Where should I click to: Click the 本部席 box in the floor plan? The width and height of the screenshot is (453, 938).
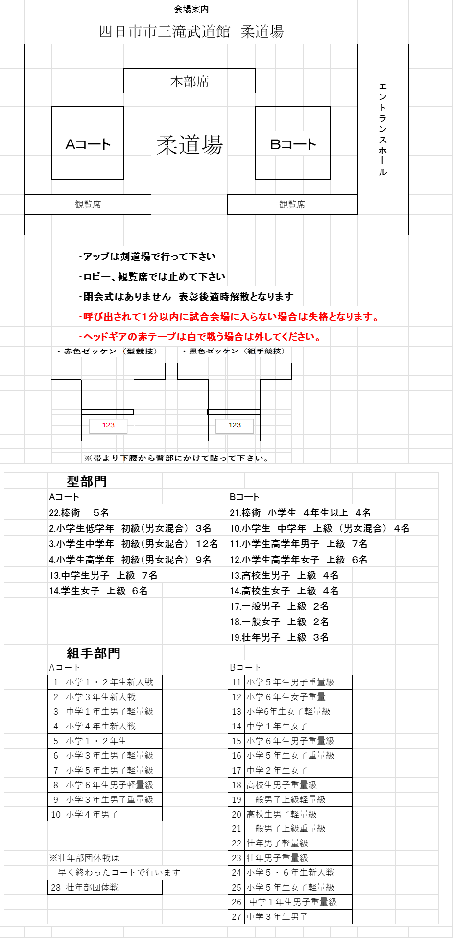190,81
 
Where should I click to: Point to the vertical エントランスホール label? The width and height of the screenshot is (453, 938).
383,129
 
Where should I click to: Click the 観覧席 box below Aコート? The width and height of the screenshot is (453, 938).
88,205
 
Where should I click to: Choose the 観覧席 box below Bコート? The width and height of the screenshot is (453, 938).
292,205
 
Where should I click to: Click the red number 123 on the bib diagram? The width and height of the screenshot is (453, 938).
108,425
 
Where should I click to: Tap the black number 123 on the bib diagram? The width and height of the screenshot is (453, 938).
235,425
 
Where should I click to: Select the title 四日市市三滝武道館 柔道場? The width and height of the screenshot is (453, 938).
191,32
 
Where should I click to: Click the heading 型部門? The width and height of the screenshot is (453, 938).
87,481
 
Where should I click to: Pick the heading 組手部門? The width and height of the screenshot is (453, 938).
94,653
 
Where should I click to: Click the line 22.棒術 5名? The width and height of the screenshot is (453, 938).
79,513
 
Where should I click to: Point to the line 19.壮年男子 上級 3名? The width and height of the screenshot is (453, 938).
279,637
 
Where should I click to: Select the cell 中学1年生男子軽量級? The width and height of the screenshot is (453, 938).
110,711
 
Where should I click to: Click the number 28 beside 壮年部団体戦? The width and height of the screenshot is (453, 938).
56,888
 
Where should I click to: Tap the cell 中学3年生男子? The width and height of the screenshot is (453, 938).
277,917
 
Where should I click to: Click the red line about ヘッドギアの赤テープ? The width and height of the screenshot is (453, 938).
200,337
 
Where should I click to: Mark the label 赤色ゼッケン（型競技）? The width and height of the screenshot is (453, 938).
107,351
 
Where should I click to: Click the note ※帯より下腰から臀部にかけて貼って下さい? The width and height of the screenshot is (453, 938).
176,458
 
